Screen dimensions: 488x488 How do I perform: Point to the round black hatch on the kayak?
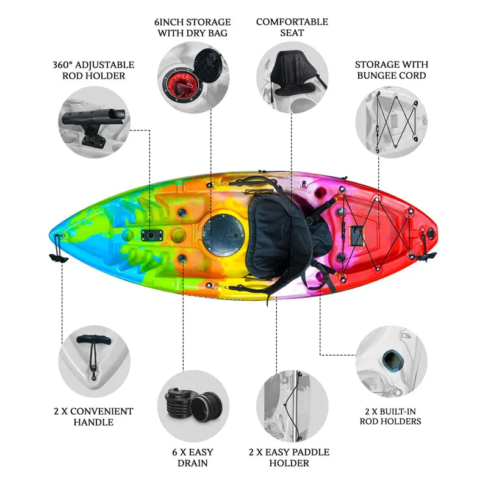(x=223, y=234)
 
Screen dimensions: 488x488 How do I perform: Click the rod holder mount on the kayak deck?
(x=152, y=235)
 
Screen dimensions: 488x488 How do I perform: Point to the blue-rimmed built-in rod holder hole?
(x=393, y=360)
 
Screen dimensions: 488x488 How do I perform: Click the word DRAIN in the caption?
(x=193, y=463)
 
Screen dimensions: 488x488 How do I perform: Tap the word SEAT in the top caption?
(x=292, y=33)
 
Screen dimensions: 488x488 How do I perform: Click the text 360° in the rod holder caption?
(x=63, y=65)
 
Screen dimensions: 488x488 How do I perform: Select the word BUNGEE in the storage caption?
(x=376, y=75)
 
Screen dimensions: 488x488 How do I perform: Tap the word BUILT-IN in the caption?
(x=398, y=411)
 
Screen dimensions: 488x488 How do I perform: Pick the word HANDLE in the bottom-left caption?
(x=93, y=422)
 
